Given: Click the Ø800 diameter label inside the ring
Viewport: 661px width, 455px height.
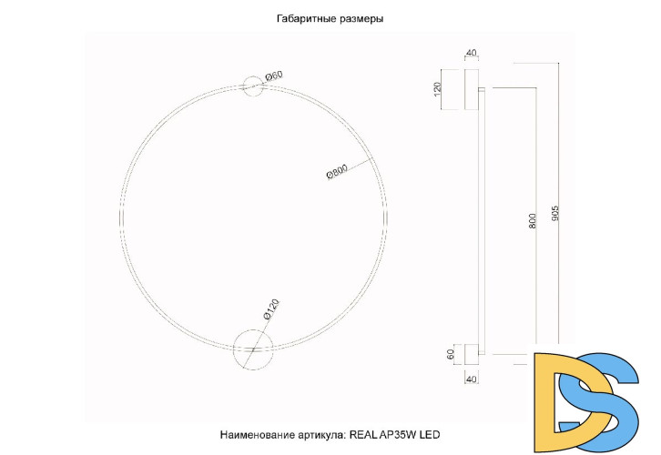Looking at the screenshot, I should (337, 173).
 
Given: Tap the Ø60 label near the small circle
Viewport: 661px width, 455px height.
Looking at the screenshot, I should (274, 76).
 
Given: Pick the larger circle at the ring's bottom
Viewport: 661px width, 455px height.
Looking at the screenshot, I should (252, 349).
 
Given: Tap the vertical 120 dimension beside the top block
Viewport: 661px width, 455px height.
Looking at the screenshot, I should (438, 89).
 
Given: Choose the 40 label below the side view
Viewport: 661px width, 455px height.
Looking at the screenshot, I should (471, 379).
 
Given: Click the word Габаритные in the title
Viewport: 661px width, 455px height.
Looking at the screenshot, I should (305, 18).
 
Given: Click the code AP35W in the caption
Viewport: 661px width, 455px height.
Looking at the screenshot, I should (401, 435).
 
